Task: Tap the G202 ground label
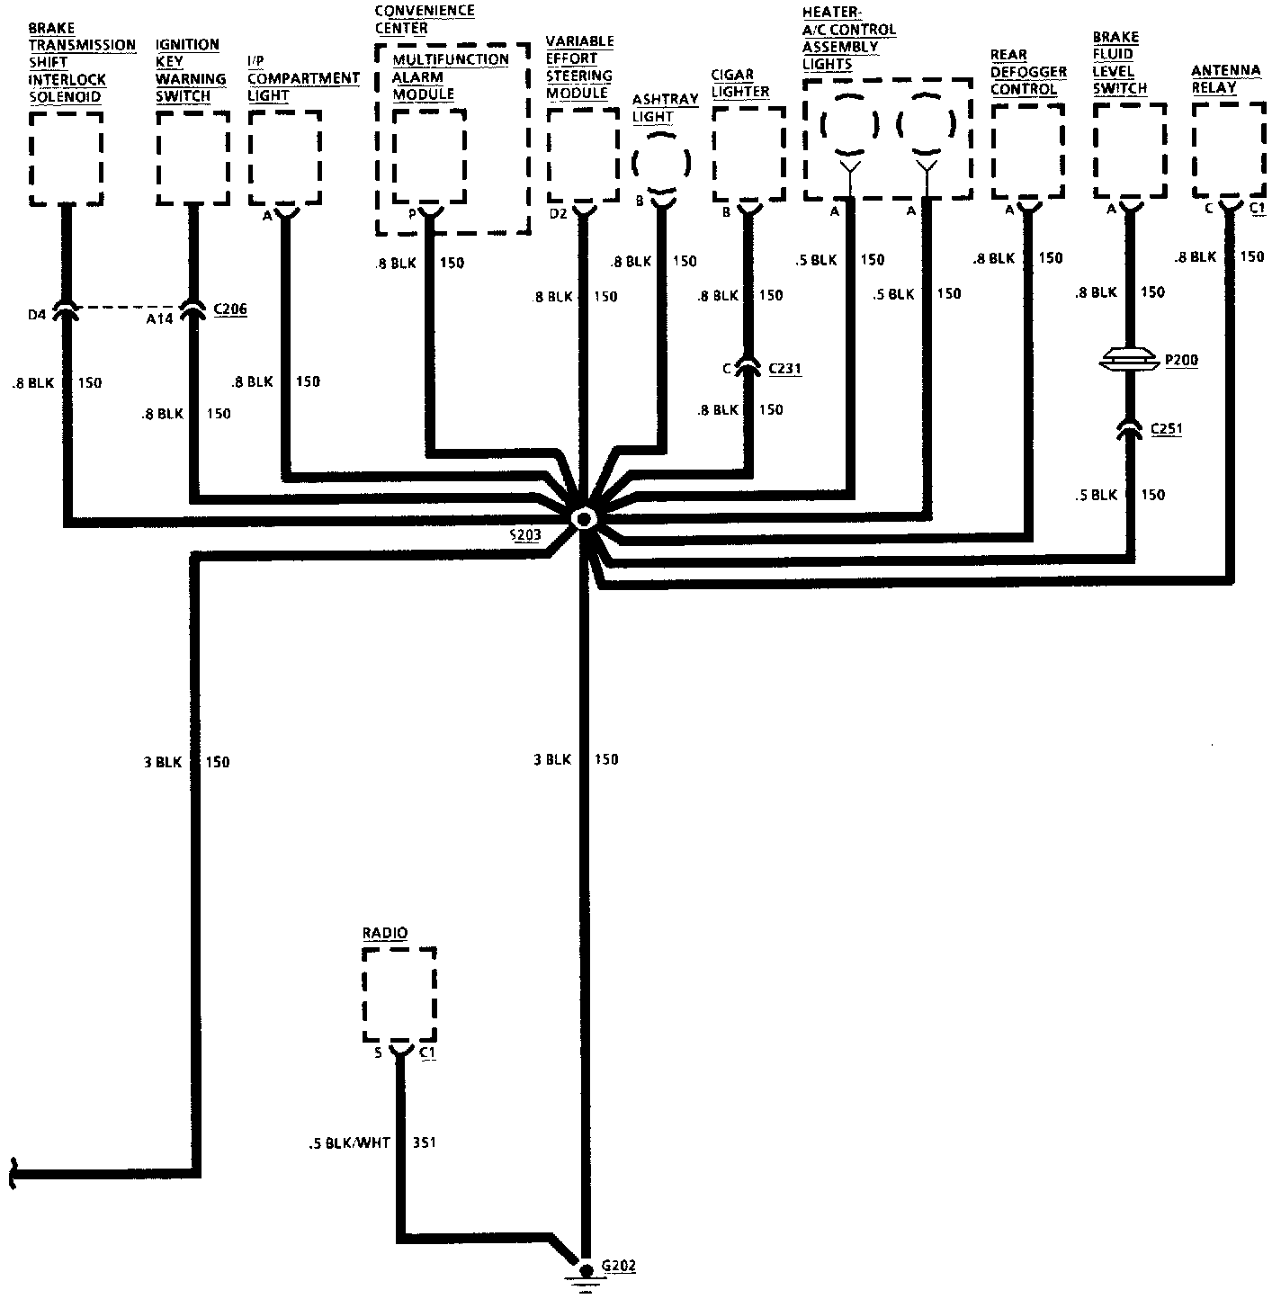619,1266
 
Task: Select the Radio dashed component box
399,994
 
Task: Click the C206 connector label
229,309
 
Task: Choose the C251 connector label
1167,429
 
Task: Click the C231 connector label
784,368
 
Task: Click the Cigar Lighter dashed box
748,154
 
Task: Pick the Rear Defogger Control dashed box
1026,151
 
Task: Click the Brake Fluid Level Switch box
1130,150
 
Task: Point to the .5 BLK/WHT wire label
348,1143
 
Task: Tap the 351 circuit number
425,1143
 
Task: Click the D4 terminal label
37,314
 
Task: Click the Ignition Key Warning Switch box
193,158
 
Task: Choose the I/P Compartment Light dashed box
284,157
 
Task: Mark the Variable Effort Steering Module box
583,154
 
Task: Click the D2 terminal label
559,214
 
